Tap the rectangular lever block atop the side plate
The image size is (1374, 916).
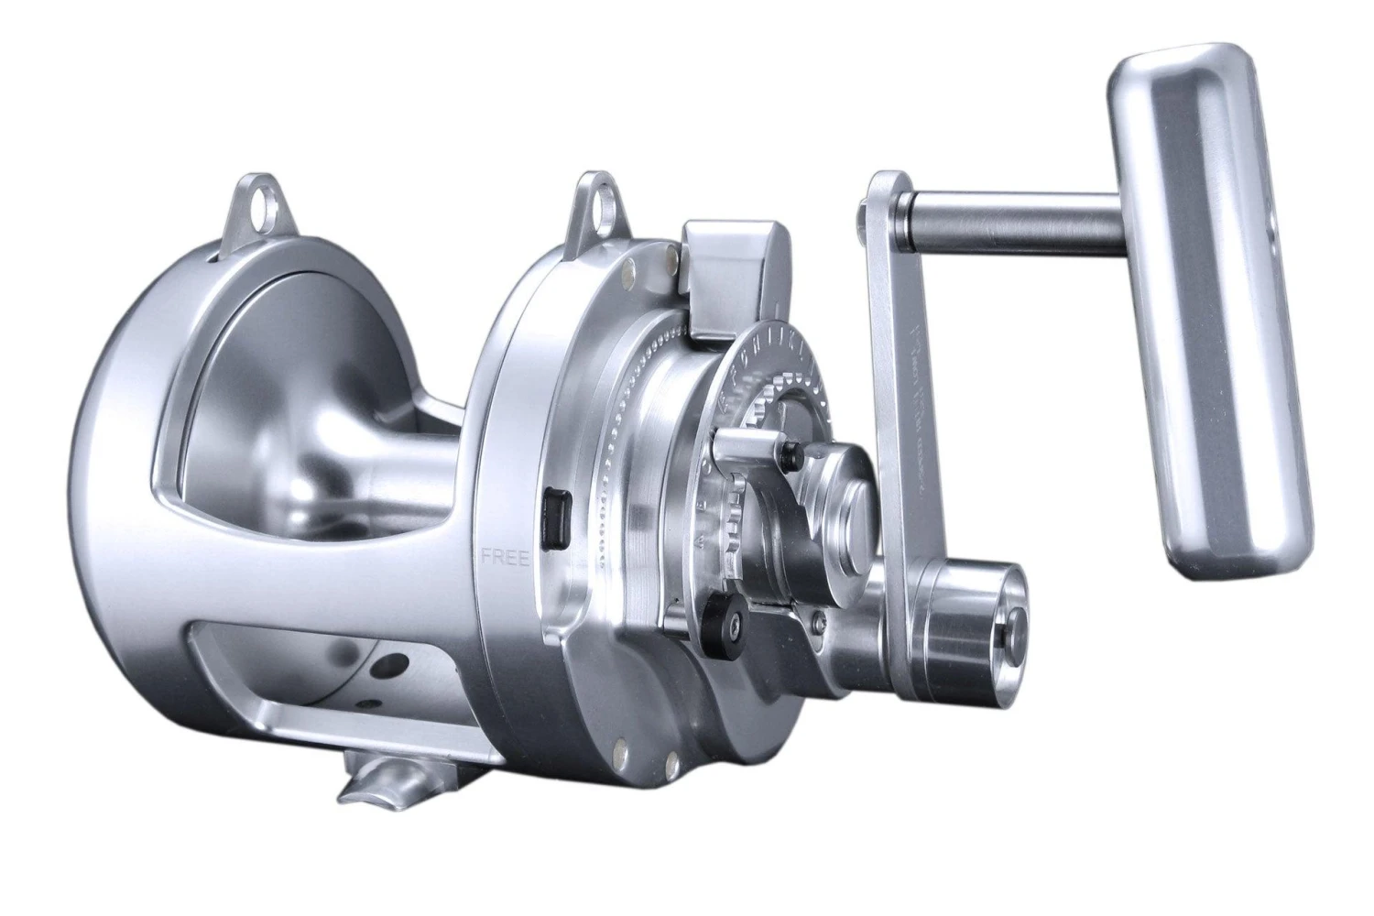tap(733, 275)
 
